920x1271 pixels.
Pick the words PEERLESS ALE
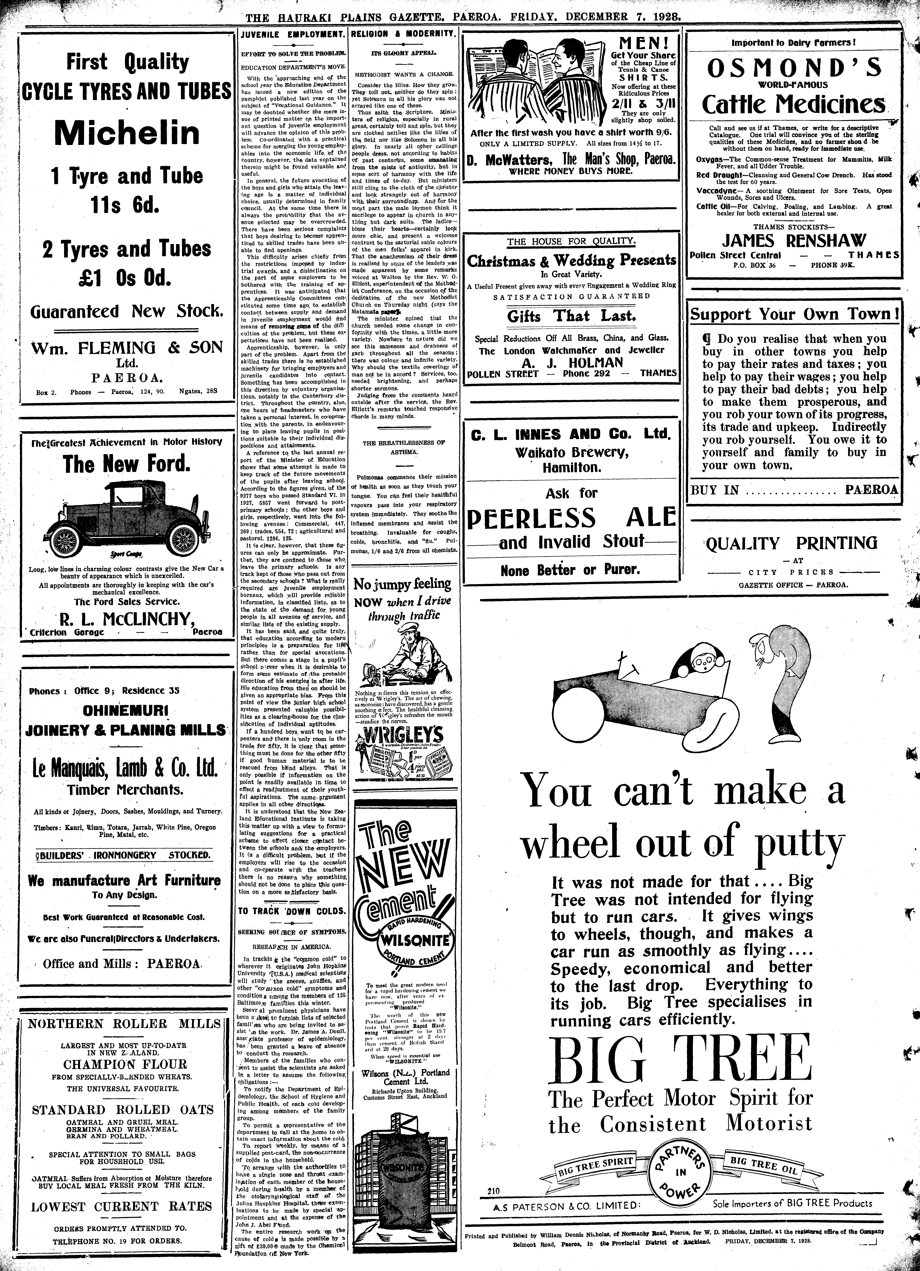572,518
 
